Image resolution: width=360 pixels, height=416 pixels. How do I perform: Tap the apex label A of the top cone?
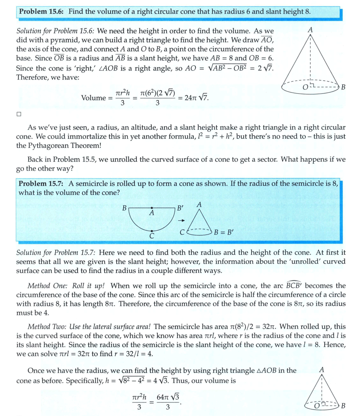click(310, 29)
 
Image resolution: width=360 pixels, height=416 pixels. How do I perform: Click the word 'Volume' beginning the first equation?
click(93, 98)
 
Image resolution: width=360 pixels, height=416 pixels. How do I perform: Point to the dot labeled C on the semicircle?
click(151, 232)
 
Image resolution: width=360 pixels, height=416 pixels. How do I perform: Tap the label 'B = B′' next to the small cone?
click(224, 232)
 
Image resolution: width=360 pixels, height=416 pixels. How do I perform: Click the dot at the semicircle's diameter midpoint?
click(151, 207)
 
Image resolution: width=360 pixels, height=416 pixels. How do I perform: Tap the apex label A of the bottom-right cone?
click(322, 369)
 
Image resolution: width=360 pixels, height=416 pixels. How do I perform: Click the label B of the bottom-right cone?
click(343, 405)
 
